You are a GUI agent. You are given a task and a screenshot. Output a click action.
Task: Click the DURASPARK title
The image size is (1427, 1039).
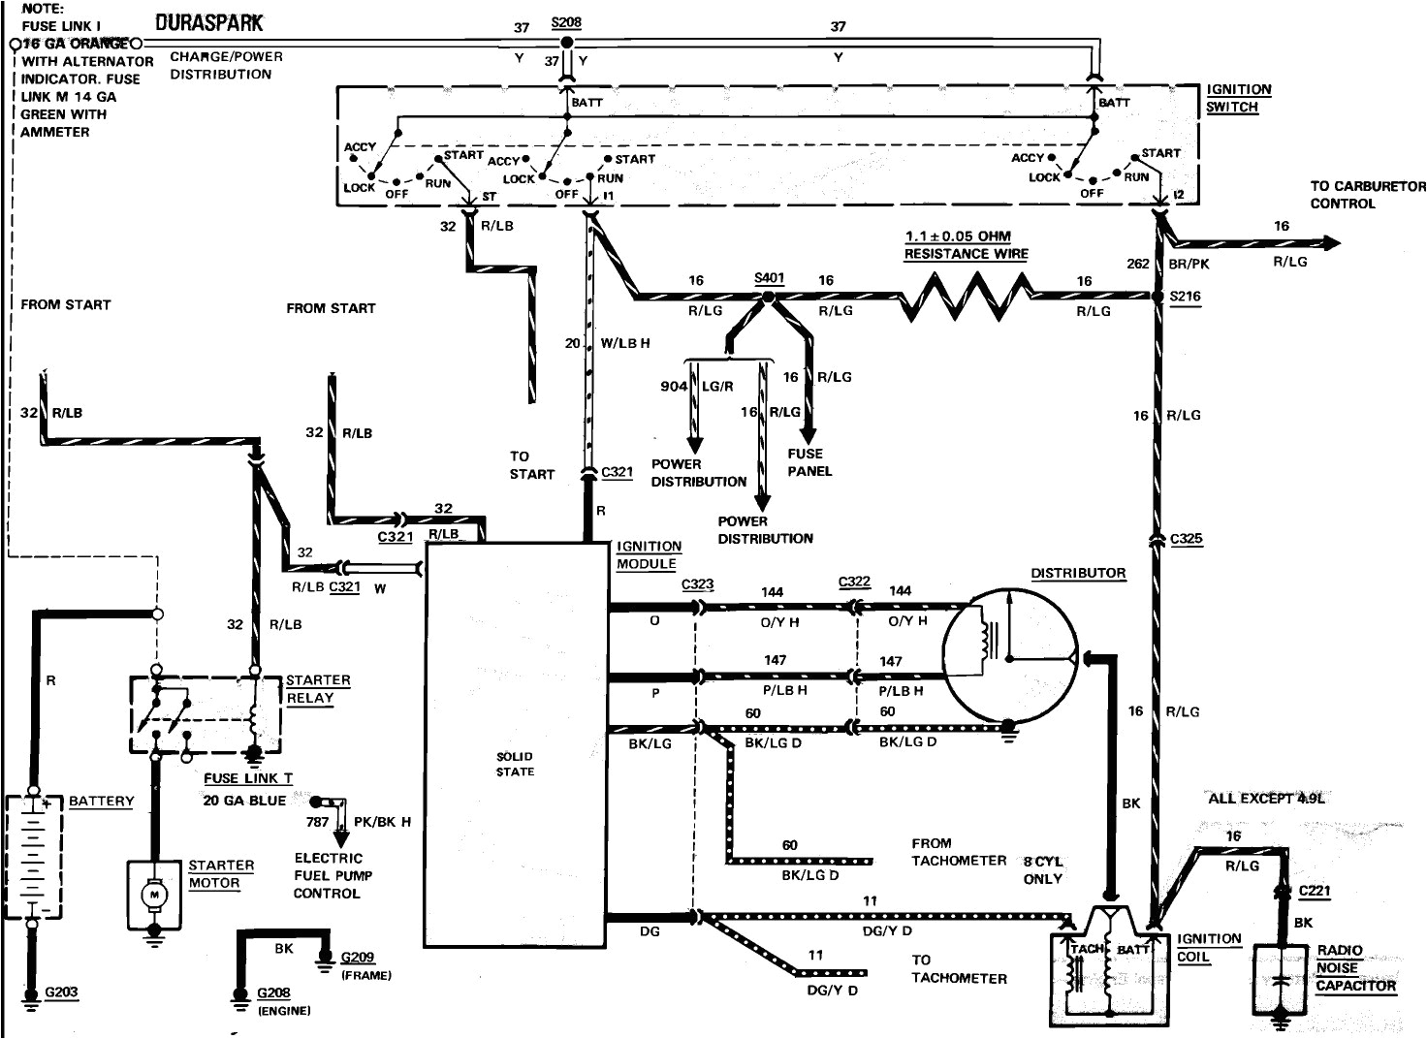pos(208,21)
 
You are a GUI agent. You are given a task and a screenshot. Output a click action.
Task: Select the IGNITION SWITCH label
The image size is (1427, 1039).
pos(1238,98)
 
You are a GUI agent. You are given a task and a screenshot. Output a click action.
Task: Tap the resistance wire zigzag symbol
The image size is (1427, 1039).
pos(966,296)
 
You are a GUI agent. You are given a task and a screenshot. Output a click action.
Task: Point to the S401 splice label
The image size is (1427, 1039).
pos(769,278)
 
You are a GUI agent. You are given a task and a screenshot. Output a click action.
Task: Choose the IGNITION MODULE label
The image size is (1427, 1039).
pos(649,554)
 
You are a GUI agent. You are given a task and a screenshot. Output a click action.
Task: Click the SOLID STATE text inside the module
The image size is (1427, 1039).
pos(515,764)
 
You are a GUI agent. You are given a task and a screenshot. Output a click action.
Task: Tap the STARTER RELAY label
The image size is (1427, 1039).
pos(317,689)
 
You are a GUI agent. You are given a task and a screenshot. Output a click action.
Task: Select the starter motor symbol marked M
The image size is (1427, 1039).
pos(153,895)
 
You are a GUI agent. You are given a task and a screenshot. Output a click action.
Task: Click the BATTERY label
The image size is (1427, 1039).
pos(101,802)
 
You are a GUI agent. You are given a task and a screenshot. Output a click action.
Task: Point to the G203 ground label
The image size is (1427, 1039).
pos(61,992)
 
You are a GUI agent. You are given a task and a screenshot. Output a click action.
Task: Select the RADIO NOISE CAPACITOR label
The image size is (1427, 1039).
pos(1354,968)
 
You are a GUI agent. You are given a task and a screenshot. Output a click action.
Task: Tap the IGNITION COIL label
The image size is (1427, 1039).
pos(1208,947)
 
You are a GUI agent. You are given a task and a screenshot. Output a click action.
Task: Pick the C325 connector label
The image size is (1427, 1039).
pos(1187,539)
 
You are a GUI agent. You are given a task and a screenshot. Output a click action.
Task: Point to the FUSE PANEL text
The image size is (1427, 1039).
pos(809,462)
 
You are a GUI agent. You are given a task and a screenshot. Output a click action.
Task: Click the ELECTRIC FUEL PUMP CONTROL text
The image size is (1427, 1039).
pos(333,875)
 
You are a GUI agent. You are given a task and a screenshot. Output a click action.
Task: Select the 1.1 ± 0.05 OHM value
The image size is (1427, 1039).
pos(958,236)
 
